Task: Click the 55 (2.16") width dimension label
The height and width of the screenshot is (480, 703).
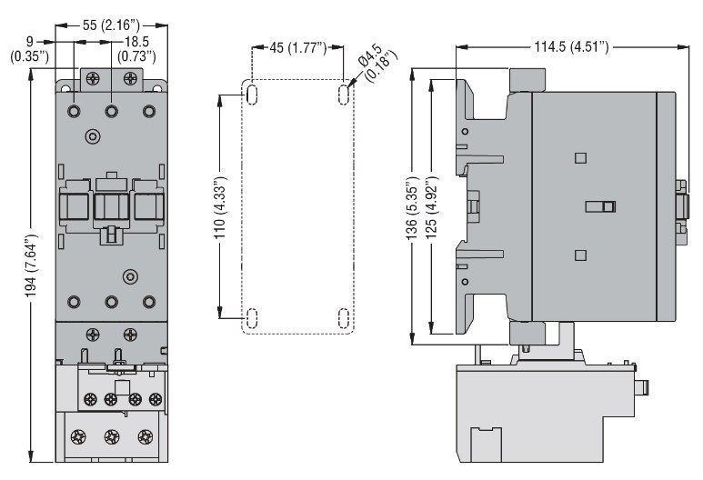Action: pyautogui.click(x=111, y=25)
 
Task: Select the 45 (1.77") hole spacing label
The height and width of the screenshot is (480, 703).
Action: pyautogui.click(x=297, y=46)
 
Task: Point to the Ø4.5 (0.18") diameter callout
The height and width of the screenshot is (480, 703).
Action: pyautogui.click(x=378, y=63)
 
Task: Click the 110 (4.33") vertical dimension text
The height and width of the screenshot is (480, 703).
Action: pyautogui.click(x=221, y=207)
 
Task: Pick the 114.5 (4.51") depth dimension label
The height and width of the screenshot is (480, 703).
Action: pyautogui.click(x=572, y=46)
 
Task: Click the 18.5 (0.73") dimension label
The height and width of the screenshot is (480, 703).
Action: pyautogui.click(x=136, y=49)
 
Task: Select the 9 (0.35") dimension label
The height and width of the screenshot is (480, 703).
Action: pyautogui.click(x=30, y=49)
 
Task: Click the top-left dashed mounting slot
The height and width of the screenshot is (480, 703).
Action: pyautogui.click(x=253, y=95)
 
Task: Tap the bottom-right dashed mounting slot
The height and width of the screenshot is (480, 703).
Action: pyautogui.click(x=344, y=319)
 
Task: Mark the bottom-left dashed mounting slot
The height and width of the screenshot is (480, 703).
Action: pyautogui.click(x=253, y=319)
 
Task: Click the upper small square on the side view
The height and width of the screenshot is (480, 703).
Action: pyautogui.click(x=580, y=158)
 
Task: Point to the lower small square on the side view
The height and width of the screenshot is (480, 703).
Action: pyautogui.click(x=580, y=255)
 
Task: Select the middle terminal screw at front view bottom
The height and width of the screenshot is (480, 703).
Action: pyautogui.click(x=112, y=436)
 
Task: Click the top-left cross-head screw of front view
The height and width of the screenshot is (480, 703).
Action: pyautogui.click(x=93, y=78)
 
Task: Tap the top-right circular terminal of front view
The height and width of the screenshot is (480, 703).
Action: pyautogui.click(x=149, y=110)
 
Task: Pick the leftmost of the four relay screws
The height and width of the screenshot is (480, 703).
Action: pyautogui.click(x=91, y=399)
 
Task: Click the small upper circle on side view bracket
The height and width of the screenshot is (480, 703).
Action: pyautogui.click(x=465, y=131)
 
